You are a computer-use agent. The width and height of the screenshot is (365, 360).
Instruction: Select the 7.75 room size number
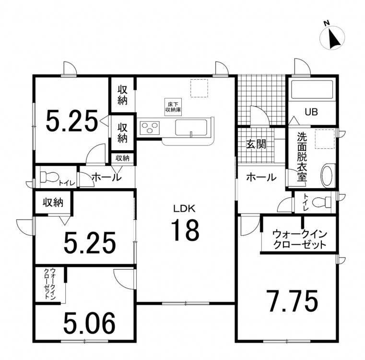pos(293,300)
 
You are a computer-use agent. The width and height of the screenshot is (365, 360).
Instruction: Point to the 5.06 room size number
pos(89,323)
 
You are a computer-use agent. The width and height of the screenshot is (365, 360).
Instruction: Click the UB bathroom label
pos(311,112)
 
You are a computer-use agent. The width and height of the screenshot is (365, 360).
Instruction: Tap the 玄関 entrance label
pos(256,144)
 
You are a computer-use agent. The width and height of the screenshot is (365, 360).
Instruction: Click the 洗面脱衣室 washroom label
pos(302,157)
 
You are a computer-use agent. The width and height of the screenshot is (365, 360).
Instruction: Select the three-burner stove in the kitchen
pos(149,128)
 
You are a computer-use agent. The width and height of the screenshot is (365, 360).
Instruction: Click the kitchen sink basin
pos(191,128)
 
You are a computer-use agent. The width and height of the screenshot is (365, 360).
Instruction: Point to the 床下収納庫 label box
pos(173,107)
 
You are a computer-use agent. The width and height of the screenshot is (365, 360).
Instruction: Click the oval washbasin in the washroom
pos(328,176)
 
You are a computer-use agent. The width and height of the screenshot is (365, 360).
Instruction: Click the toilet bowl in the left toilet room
pos(49,177)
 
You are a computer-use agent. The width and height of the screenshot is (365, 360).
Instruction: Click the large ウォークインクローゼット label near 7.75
pos(300,240)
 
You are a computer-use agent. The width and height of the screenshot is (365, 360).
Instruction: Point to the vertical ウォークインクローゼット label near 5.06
pos(50,284)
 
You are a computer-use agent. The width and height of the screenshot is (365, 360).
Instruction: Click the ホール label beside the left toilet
pos(107,178)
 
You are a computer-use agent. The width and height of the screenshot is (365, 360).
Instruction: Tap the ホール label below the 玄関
pos(261,178)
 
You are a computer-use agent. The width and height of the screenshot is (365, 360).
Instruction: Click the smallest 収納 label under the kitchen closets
pos(122,158)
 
